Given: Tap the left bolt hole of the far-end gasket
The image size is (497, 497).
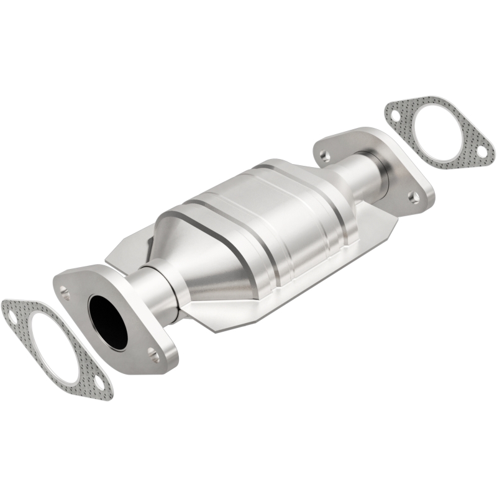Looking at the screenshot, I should [x=394, y=114].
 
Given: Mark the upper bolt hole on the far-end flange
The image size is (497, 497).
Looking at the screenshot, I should [x=324, y=153].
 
